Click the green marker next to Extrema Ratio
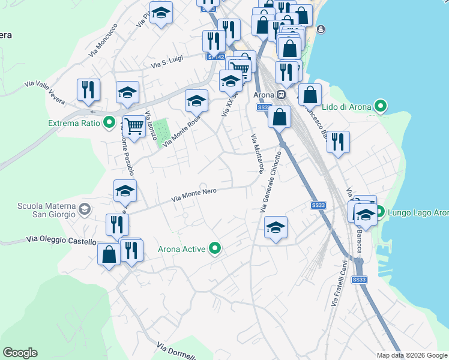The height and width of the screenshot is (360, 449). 109,123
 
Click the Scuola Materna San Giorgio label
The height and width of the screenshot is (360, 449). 46,210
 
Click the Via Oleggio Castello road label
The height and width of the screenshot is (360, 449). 61,241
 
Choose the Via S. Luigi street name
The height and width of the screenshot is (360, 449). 166,62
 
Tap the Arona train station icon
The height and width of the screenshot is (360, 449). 280,95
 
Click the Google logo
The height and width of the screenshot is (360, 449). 20,353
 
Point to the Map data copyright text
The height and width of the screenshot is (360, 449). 411,355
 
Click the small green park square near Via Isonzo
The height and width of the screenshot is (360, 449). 160,133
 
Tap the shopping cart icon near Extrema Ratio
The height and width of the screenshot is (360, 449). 134,126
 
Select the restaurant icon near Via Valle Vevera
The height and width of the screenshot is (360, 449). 88,89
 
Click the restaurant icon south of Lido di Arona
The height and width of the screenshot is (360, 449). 338,142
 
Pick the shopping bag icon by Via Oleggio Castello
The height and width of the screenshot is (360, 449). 109,254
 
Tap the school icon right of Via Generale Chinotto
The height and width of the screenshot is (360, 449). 276,227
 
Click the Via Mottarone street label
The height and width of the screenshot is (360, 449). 256,153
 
